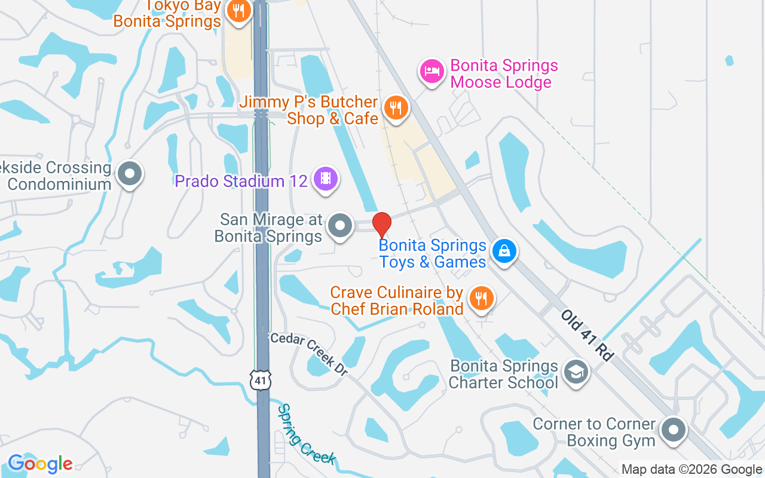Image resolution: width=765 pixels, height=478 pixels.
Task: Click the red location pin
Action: tap(382, 225)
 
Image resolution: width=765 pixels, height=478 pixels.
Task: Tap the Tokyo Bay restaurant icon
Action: tap(238, 11)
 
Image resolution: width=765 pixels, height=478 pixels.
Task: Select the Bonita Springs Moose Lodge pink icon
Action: tap(432, 72)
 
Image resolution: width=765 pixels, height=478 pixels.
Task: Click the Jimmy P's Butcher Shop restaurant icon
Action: tap(395, 108)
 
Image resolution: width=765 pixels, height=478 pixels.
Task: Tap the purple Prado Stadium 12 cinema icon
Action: tap(325, 179)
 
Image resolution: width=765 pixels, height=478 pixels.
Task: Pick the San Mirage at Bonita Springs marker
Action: tap(341, 226)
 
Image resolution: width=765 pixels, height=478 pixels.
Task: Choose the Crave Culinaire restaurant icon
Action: tap(481, 297)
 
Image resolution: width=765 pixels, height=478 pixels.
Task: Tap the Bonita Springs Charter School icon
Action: tap(576, 372)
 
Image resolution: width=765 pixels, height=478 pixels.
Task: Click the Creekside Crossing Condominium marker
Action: tap(129, 174)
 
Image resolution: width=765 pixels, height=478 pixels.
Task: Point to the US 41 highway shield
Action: tap(261, 379)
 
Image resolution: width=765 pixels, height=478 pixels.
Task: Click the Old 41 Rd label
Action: tap(587, 335)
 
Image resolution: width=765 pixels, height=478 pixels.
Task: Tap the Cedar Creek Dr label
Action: tap(309, 354)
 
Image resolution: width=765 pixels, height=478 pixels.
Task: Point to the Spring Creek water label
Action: tap(305, 434)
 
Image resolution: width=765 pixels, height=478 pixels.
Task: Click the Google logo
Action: tap(40, 464)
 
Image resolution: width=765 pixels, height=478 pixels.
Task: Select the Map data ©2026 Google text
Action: tap(691, 470)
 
